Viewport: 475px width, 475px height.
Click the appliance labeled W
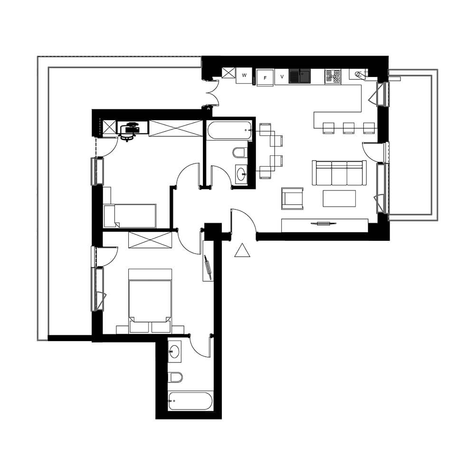pyautogui.click(x=244, y=76)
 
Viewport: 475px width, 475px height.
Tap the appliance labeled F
pyautogui.click(x=265, y=78)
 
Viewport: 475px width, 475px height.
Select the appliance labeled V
pyautogui.click(x=282, y=77)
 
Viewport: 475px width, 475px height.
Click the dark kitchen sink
pyautogui.click(x=299, y=76)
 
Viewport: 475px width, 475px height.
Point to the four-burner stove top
pyautogui.click(x=332, y=76)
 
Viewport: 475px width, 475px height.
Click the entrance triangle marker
pyautogui.click(x=242, y=250)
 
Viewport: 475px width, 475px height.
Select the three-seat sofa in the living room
pyautogui.click(x=339, y=173)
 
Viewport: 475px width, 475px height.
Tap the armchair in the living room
pyautogui.click(x=292, y=199)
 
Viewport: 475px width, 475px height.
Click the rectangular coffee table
pyautogui.click(x=339, y=199)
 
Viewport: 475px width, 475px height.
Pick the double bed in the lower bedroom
pyautogui.click(x=150, y=301)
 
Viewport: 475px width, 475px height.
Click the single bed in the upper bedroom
pyautogui.click(x=130, y=216)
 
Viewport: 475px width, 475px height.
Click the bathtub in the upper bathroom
pyautogui.click(x=229, y=131)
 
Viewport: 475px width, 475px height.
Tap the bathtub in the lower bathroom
pyautogui.click(x=190, y=401)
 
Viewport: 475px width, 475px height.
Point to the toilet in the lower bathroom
pyautogui.click(x=175, y=377)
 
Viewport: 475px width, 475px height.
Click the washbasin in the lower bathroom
pyautogui.click(x=174, y=351)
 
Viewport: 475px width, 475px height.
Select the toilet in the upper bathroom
pyautogui.click(x=240, y=152)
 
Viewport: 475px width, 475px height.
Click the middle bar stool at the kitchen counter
pyautogui.click(x=349, y=128)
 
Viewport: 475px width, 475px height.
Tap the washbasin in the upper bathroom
pyautogui.click(x=241, y=174)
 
